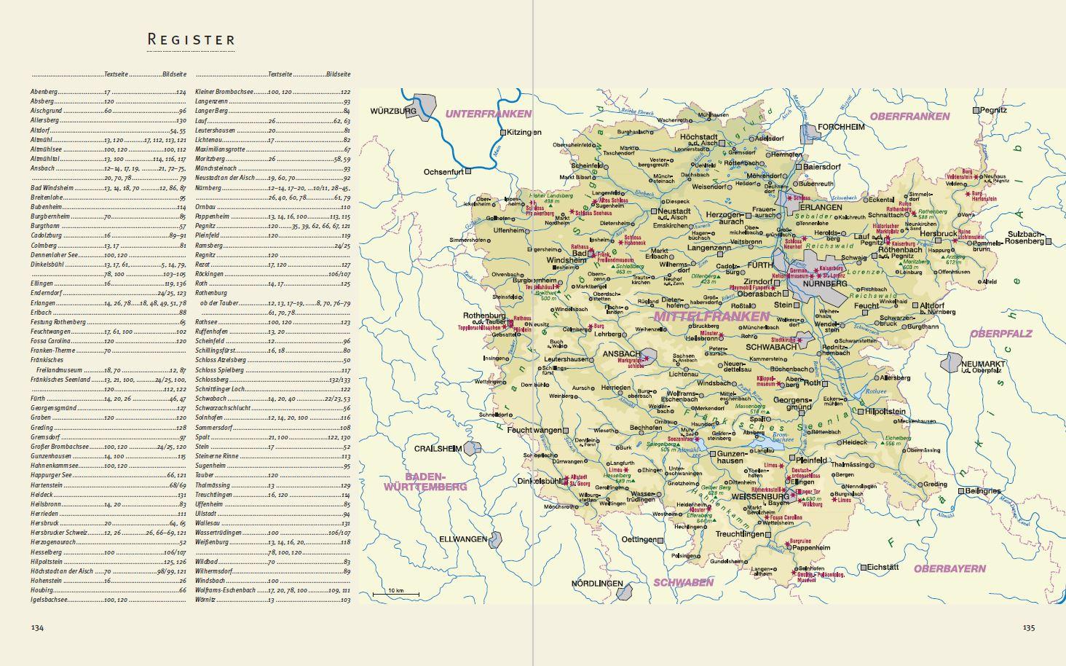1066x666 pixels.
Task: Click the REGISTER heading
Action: [x=192, y=39]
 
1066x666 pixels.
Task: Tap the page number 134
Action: [x=37, y=627]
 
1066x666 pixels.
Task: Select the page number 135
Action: [x=1028, y=627]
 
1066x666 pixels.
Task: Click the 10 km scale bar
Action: [x=395, y=593]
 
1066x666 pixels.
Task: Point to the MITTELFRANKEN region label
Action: [x=711, y=316]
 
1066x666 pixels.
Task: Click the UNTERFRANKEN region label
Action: [x=488, y=114]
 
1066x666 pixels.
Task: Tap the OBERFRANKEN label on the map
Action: [x=909, y=116]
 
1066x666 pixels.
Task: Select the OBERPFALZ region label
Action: [x=1000, y=333]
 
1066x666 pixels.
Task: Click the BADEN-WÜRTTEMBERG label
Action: [x=425, y=481]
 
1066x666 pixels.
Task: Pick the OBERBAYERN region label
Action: [x=949, y=568]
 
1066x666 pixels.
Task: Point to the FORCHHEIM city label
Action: [x=841, y=126]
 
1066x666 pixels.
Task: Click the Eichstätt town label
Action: [x=883, y=567]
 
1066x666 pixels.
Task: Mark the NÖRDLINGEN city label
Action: [x=597, y=584]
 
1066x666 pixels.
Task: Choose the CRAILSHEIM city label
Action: [x=438, y=449]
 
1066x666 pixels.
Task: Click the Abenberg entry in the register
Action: [x=44, y=92]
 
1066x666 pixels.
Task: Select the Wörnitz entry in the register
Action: [x=205, y=600]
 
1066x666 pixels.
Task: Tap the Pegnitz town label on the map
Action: [x=994, y=110]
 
